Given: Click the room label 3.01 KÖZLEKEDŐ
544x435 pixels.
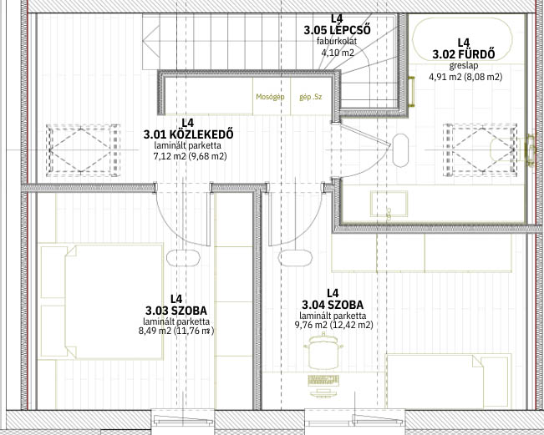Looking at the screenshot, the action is [188, 134].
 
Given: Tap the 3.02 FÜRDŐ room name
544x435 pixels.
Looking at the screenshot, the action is [464, 54].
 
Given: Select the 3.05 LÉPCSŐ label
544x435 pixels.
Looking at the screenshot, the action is [337, 30].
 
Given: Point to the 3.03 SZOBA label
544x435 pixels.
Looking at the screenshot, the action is [176, 311].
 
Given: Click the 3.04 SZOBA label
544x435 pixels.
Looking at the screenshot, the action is [333, 305].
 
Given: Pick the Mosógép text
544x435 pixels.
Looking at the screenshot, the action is [270, 97].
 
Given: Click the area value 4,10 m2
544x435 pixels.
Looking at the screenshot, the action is [337, 53].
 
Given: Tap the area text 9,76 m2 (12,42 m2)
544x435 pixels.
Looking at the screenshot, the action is [333, 325].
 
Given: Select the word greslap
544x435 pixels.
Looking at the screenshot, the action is [464, 65].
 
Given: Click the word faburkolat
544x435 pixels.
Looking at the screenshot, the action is [337, 41].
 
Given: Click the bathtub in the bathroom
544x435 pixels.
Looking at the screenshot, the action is [462, 39].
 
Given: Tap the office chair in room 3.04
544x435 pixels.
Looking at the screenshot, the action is [323, 351].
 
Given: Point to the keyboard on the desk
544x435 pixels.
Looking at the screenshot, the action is [323, 380].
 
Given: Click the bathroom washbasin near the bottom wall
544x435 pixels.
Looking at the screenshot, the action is [389, 204].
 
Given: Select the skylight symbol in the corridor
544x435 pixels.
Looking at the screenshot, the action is [83, 150].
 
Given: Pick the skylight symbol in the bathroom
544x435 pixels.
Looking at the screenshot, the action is [480, 150].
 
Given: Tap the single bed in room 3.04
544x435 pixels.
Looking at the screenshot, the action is [449, 382].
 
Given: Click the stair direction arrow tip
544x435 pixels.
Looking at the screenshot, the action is [143, 41].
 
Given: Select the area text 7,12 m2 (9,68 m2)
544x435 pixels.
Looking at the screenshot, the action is [191, 156].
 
